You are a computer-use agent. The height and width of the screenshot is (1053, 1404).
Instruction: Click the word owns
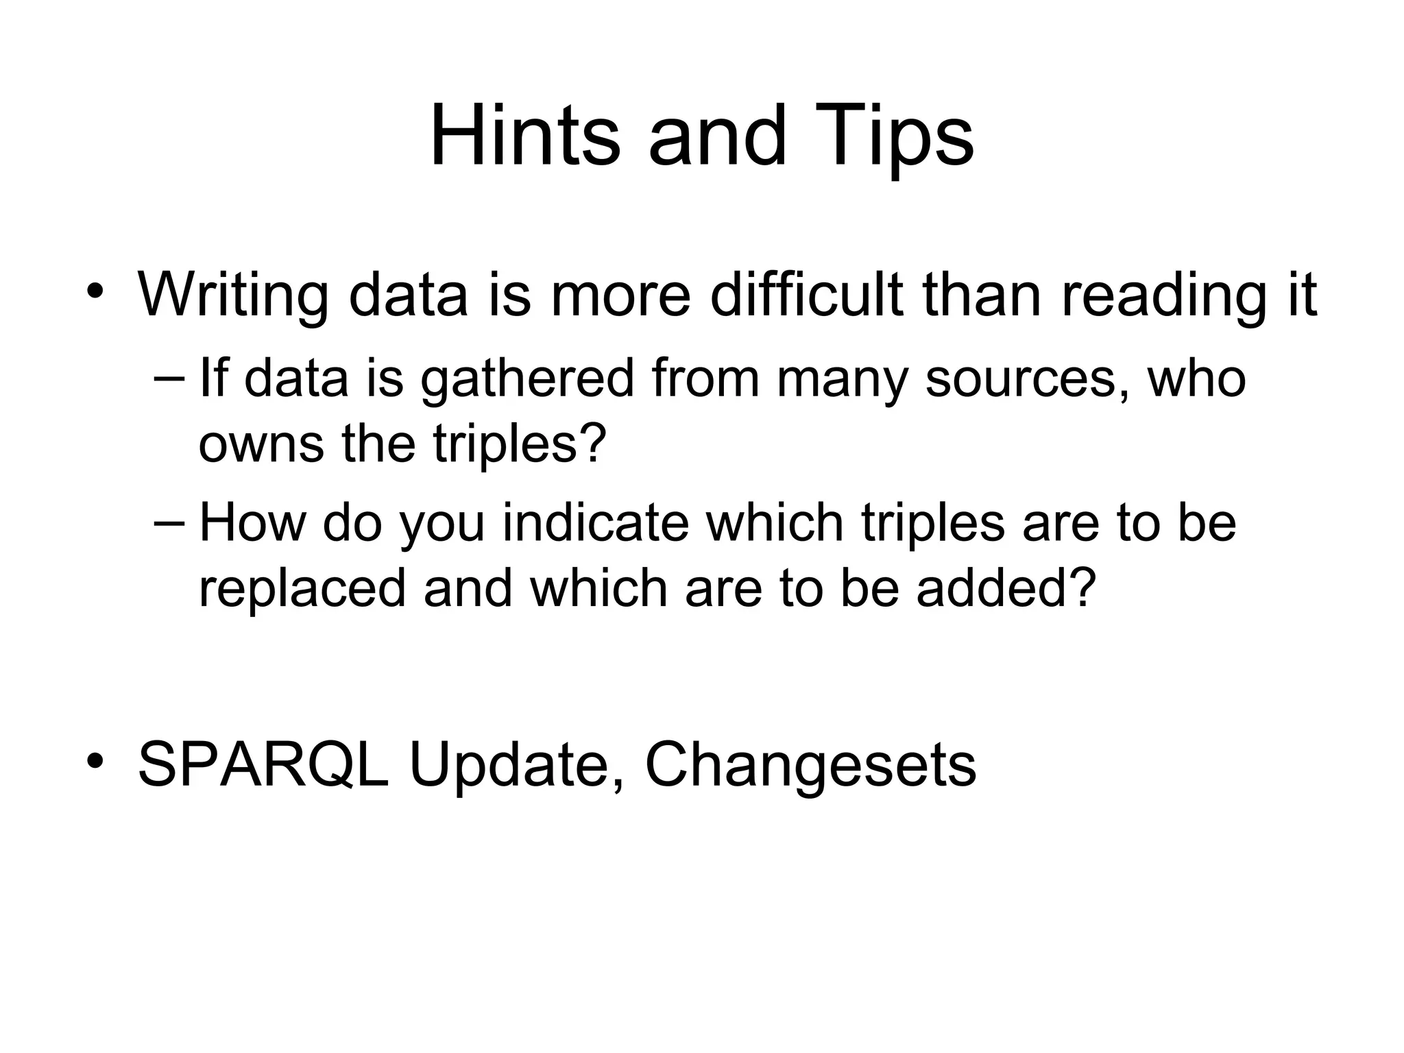261,444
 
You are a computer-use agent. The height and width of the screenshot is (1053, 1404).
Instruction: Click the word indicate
595,522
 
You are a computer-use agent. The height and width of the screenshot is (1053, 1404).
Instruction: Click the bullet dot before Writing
95,291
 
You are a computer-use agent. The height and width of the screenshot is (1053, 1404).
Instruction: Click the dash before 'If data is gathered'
171,379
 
